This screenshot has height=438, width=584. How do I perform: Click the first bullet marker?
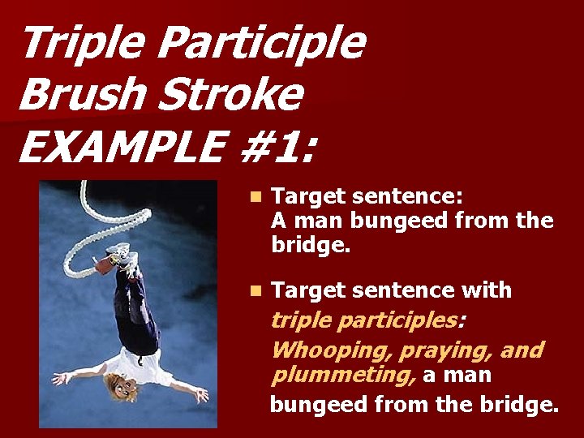[255, 197]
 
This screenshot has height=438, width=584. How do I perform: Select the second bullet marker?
[255, 290]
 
